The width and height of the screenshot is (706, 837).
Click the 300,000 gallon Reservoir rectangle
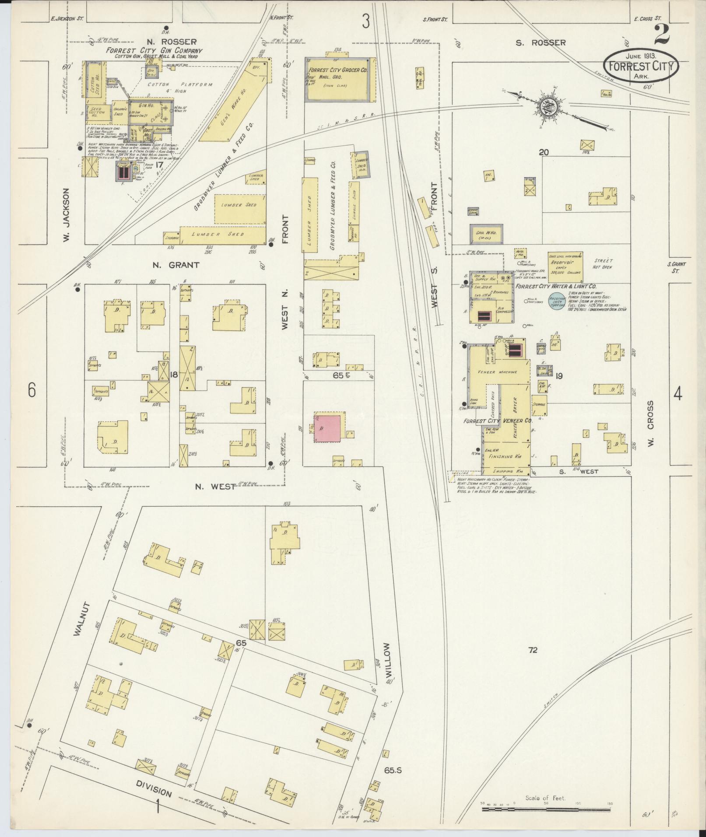pos(565,266)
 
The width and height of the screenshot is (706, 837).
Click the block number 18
pos(173,375)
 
